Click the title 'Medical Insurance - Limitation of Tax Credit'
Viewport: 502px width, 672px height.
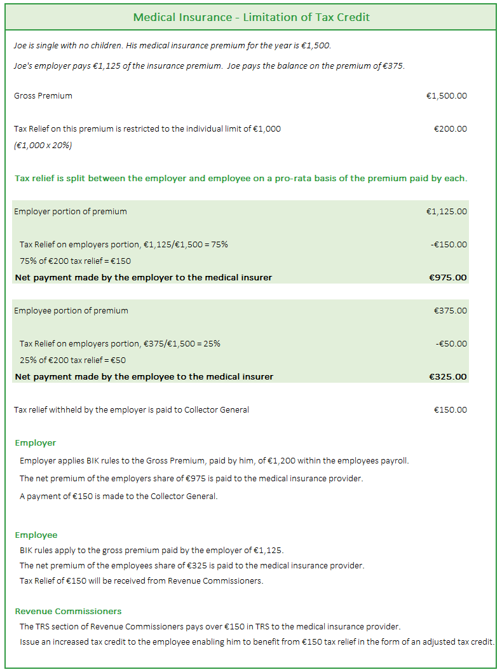tap(251, 17)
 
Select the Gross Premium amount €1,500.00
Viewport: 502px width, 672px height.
tap(446, 96)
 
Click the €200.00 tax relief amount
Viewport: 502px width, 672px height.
tap(450, 129)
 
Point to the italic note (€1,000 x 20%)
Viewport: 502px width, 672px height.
tap(43, 146)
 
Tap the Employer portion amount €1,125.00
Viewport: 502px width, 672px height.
tap(446, 212)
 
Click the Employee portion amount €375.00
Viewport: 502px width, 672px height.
tap(450, 311)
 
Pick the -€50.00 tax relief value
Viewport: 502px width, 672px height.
tap(451, 344)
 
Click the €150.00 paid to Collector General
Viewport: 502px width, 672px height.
tap(450, 410)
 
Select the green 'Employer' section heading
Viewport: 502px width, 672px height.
tap(36, 443)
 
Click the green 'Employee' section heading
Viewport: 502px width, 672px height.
tap(36, 535)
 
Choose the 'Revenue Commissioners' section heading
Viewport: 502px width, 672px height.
tap(68, 612)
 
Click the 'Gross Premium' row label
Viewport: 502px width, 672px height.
tap(43, 96)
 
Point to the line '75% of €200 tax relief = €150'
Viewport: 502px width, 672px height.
tap(75, 261)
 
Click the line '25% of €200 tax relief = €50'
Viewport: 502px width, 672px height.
tap(72, 360)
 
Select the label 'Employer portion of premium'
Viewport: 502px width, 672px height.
tap(71, 212)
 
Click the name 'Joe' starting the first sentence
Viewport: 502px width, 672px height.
tap(20, 46)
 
